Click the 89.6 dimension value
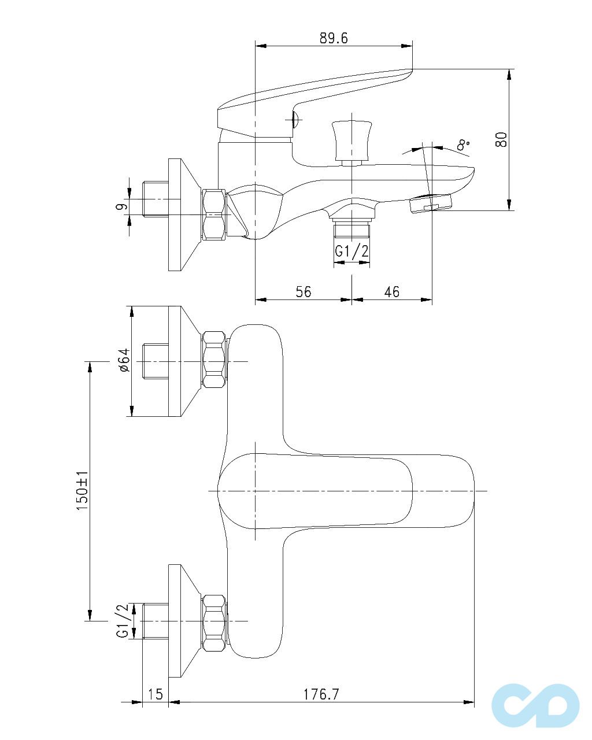[x=334, y=38]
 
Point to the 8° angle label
[x=463, y=144]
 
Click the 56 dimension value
[x=303, y=292]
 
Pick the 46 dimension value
[x=391, y=292]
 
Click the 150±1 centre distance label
[x=82, y=491]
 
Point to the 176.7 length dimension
[x=321, y=694]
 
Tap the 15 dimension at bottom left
[x=156, y=694]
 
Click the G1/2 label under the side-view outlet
[x=351, y=252]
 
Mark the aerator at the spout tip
[x=430, y=203]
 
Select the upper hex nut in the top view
[x=213, y=360]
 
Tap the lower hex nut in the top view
[x=213, y=622]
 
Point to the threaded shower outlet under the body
[x=351, y=230]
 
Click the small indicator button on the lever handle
[x=294, y=120]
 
